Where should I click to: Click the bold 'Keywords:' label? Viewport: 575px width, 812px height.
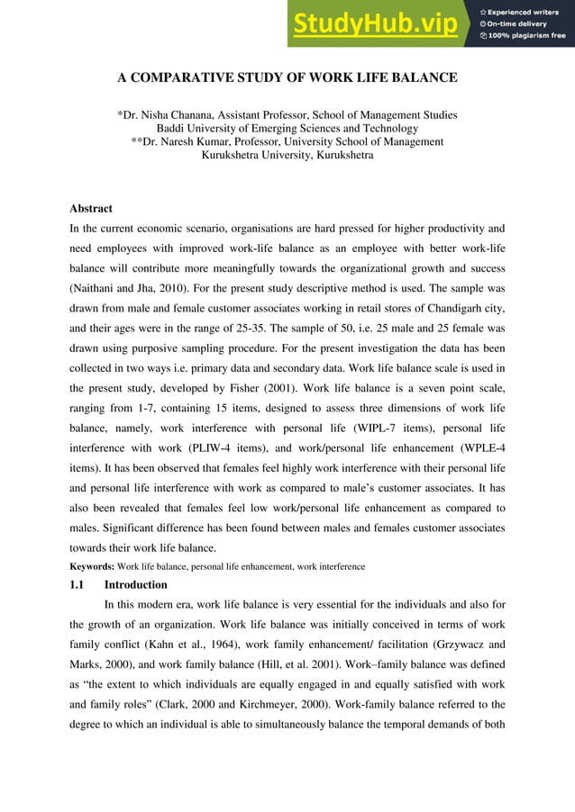[92, 566]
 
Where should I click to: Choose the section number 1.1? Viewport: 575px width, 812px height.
[78, 584]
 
